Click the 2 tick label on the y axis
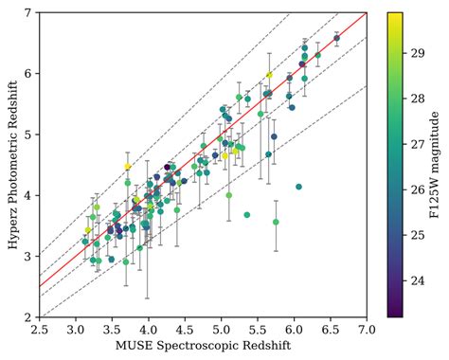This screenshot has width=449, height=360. click(x=28, y=317)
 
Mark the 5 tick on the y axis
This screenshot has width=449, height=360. click(x=28, y=135)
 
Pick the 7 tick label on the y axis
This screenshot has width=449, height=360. click(x=28, y=13)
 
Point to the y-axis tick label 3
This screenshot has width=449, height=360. click(x=28, y=257)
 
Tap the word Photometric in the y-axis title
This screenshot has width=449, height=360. click(x=9, y=156)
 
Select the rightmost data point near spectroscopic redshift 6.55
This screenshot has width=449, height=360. click(x=336, y=38)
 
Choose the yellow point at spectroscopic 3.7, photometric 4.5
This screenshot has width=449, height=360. click(x=127, y=167)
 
